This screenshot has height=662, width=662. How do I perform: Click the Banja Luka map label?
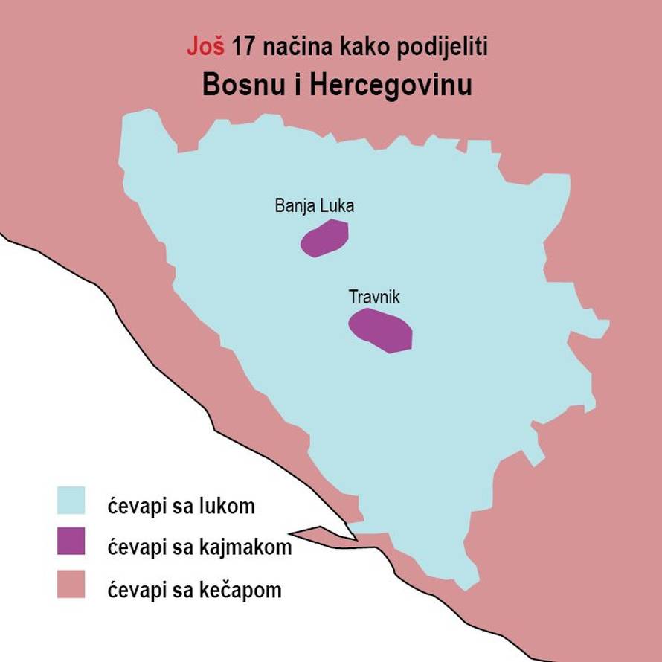tap(315, 206)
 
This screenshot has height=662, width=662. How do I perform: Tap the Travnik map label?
tap(375, 297)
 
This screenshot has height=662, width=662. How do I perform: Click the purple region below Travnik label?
tap(382, 330)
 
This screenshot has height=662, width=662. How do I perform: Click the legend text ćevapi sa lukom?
tap(181, 507)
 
